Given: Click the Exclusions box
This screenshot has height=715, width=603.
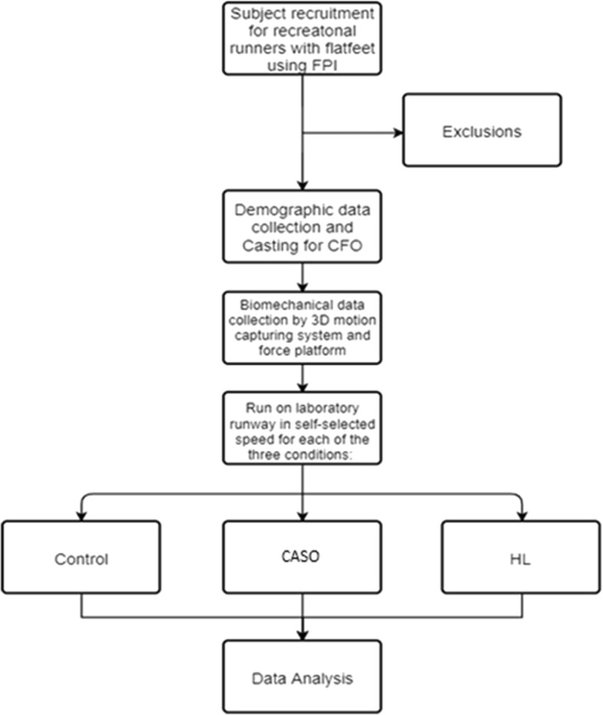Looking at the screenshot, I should click(481, 130).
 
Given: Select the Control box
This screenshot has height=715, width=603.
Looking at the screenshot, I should click(81, 558).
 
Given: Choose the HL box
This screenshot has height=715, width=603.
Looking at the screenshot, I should click(522, 558).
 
